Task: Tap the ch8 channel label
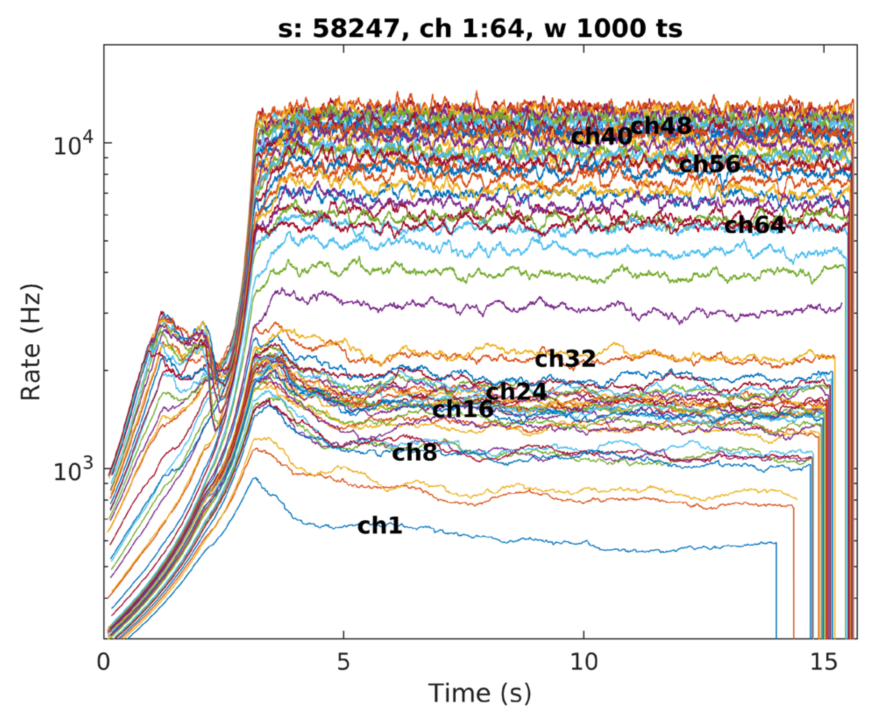(414, 453)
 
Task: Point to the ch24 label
(516, 392)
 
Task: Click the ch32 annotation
(565, 359)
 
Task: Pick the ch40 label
(601, 137)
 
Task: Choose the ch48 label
(661, 126)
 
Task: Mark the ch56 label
(709, 165)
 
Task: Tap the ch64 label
(754, 226)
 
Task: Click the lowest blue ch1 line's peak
(253, 478)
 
